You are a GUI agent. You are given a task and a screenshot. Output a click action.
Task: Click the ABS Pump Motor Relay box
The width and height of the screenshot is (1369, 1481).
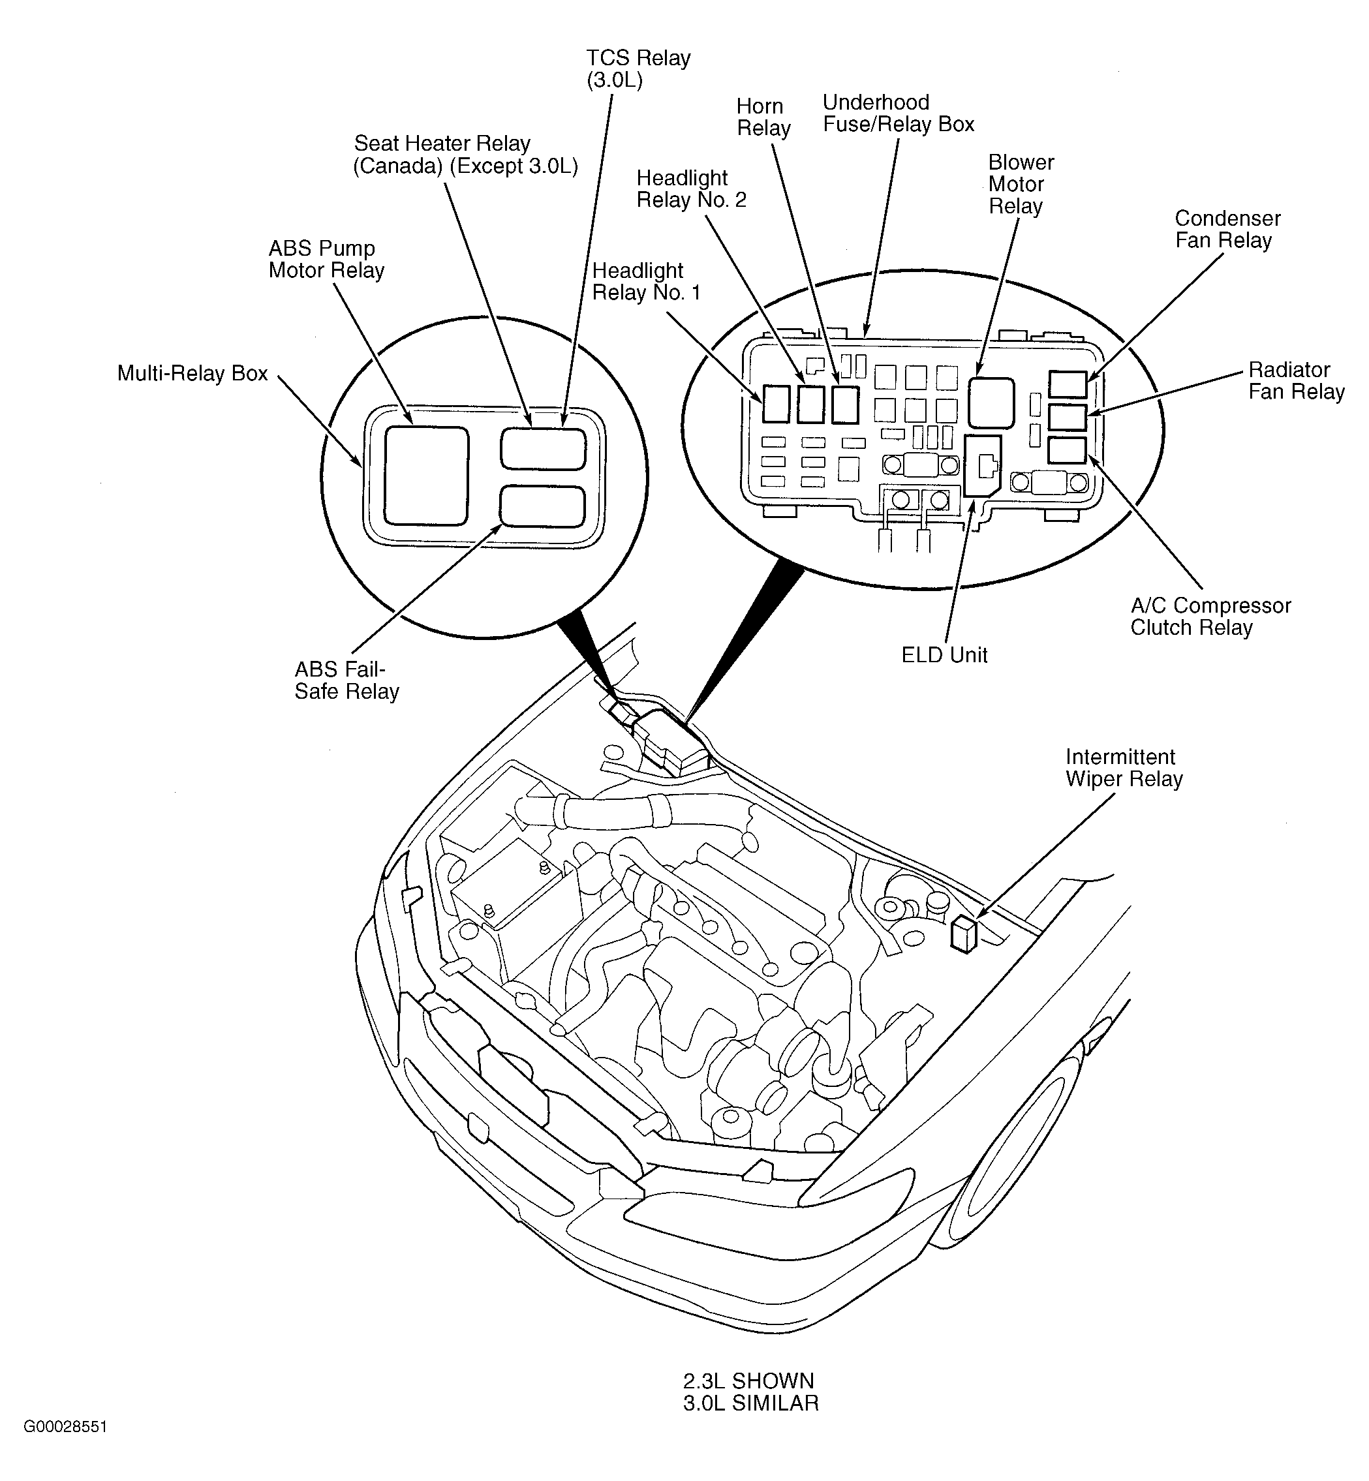point(427,475)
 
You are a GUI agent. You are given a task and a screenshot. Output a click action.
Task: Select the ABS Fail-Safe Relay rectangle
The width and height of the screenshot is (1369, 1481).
point(543,506)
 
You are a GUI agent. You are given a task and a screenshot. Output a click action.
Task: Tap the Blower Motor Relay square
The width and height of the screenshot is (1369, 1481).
point(991,402)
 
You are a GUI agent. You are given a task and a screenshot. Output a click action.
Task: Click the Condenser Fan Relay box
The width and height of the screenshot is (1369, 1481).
point(1068,385)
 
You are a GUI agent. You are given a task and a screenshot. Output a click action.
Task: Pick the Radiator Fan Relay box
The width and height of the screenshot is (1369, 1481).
point(1068,418)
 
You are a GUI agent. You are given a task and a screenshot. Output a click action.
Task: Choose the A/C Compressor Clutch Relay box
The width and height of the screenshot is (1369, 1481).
point(1068,450)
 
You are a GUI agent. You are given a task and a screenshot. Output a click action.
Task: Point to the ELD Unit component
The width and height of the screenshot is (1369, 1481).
point(982,465)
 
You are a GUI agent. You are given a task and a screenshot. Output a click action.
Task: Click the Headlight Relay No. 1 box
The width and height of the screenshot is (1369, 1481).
point(776,405)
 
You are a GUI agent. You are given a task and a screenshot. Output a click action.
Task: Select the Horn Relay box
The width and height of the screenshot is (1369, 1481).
point(845,405)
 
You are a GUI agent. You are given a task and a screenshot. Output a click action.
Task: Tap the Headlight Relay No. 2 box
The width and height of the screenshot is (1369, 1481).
point(810,405)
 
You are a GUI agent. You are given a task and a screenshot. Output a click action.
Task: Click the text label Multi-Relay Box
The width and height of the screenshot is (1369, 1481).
point(192,373)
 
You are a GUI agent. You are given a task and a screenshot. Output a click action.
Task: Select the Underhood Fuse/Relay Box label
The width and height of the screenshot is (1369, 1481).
point(898,114)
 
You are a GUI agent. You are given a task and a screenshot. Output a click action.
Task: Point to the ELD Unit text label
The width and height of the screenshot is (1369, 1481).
point(944,654)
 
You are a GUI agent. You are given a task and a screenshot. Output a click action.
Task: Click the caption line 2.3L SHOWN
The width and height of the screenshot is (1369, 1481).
point(748,1381)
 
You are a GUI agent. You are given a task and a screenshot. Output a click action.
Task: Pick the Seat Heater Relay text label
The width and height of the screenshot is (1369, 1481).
point(465,154)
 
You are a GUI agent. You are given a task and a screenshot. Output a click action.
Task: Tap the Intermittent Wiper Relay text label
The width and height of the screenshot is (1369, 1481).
point(1124,768)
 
